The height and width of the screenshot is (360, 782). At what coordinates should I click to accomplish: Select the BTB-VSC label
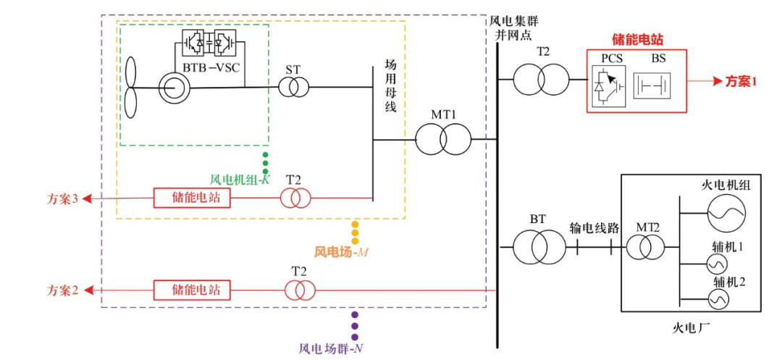209,69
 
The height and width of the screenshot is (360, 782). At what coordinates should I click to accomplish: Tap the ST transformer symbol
293,88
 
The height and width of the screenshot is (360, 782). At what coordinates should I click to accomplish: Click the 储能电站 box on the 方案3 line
192,198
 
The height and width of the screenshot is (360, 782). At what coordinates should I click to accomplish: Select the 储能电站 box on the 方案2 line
192,290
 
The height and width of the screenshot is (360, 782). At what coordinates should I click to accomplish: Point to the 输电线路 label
593,227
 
